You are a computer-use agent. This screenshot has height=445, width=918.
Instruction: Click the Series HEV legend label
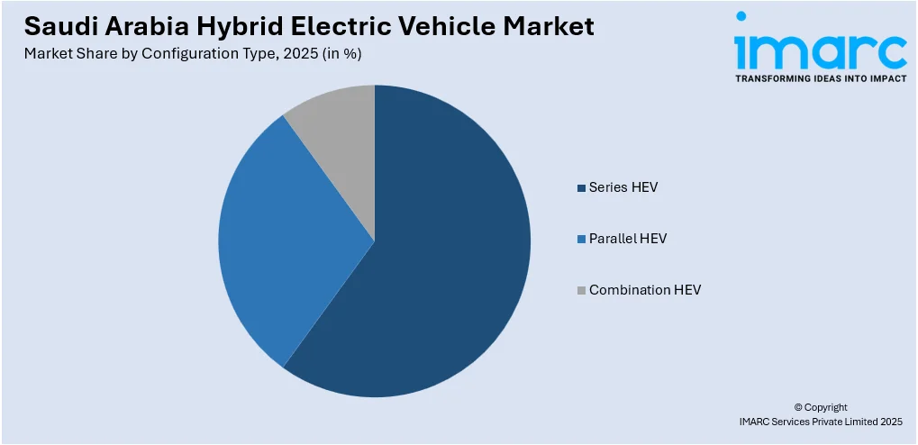[x=623, y=187]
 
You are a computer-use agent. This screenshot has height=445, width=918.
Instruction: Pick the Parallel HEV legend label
[x=628, y=239]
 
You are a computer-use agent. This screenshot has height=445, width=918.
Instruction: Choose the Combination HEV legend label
[x=644, y=290]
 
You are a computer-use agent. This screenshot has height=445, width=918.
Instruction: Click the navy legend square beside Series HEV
[x=581, y=188]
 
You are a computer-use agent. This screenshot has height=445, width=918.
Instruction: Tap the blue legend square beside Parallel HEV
[x=581, y=240]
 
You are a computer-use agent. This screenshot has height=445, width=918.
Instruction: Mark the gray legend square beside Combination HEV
[x=581, y=291]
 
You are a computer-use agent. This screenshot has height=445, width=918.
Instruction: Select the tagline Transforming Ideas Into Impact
[x=820, y=78]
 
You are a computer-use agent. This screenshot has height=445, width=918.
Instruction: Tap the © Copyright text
[x=820, y=407]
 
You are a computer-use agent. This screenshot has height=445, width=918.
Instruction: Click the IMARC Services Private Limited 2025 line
[x=820, y=422]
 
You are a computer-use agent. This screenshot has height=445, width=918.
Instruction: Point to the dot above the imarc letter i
[x=741, y=16]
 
